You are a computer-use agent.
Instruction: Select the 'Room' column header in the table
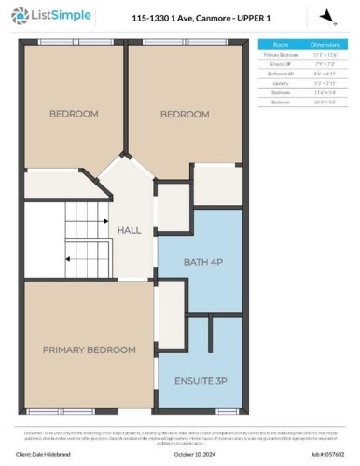tap(281, 44)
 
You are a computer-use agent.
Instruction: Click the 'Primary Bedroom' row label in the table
tap(281, 56)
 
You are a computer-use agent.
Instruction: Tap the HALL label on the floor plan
tap(128, 229)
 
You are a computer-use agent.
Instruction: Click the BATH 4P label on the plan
tap(202, 263)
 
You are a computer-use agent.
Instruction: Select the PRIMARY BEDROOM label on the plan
tap(89, 349)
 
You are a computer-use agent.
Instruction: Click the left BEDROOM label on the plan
tap(74, 114)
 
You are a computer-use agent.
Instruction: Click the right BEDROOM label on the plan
tap(184, 114)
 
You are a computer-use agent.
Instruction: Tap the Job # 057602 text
tap(321, 454)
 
